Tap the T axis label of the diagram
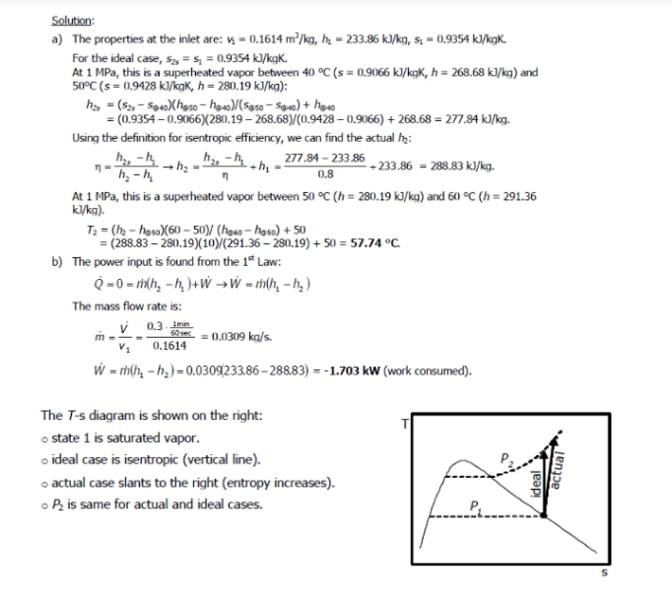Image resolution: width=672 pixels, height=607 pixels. coord(402,424)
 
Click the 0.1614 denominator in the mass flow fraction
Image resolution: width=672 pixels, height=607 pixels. coord(170,346)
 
